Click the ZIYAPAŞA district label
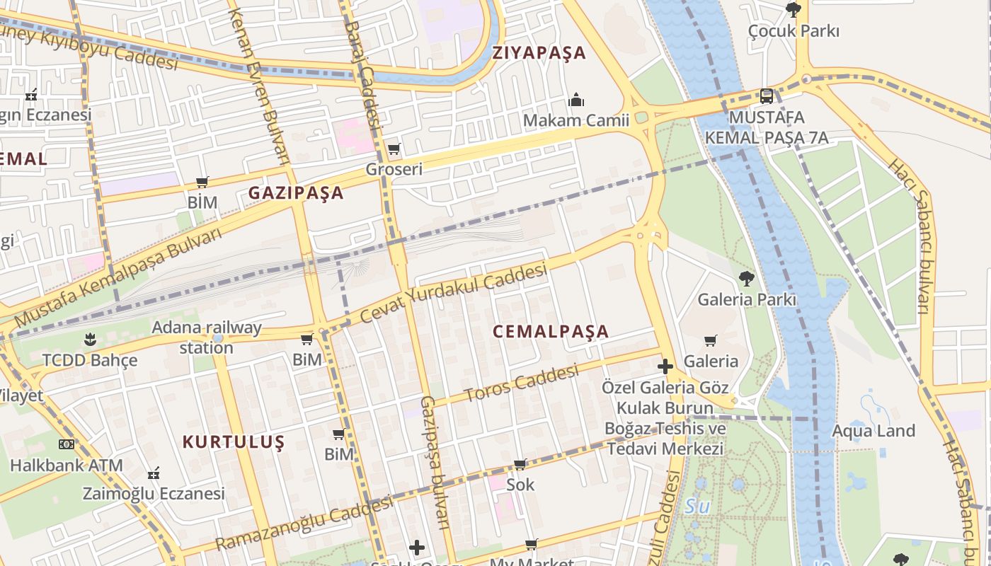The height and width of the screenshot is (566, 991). tap(539, 53)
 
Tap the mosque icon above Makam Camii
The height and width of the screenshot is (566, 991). tap(577, 100)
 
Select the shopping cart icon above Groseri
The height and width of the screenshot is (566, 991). tap(394, 149)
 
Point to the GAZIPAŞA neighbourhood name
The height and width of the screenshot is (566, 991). tap(296, 192)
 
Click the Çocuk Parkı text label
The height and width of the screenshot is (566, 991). tap(794, 31)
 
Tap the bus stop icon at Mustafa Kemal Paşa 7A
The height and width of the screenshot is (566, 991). tap(766, 96)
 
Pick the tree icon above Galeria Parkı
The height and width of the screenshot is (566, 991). tap(746, 278)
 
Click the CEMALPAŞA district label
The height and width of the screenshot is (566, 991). tap(550, 331)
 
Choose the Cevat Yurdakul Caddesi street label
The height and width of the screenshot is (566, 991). tap(453, 294)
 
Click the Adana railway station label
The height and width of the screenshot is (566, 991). tap(207, 337)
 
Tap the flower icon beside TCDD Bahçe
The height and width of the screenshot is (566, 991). tap(89, 340)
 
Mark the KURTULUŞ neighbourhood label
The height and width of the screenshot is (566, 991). tap(234, 442)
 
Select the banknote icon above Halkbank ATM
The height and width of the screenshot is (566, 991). tap(66, 444)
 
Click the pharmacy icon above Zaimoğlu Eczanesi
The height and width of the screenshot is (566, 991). tap(154, 473)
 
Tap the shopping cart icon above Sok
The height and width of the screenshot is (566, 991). tap(520, 465)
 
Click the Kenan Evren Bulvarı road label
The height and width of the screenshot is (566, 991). tap(260, 85)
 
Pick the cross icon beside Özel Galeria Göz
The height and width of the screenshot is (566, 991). tap(665, 366)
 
